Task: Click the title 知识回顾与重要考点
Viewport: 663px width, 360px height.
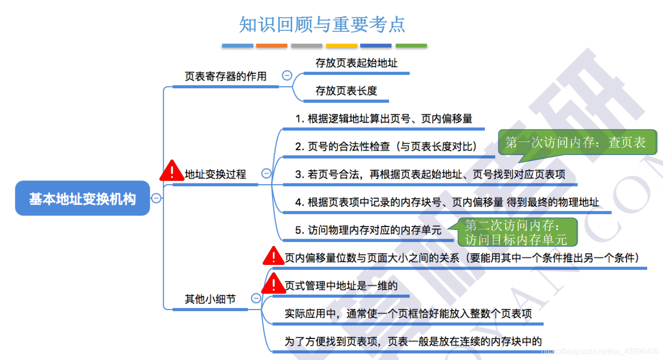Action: pyautogui.click(x=322, y=24)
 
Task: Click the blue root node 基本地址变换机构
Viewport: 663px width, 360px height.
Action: pyautogui.click(x=83, y=199)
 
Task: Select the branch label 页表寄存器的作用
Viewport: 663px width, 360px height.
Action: pyautogui.click(x=225, y=76)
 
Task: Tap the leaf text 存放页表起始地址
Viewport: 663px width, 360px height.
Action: pyautogui.click(x=356, y=63)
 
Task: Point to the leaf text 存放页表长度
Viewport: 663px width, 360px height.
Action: pyautogui.click(x=346, y=91)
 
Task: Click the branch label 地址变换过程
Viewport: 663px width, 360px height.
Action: pyautogui.click(x=215, y=174)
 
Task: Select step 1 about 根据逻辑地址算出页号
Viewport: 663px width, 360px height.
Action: pyautogui.click(x=384, y=119)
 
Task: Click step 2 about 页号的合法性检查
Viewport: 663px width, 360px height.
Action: pyautogui.click(x=387, y=146)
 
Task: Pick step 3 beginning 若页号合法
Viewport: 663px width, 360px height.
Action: pyautogui.click(x=430, y=174)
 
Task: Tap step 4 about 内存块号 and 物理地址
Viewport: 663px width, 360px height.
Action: pyautogui.click(x=447, y=202)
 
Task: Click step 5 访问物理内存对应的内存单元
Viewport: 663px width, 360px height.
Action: pyautogui.click(x=368, y=230)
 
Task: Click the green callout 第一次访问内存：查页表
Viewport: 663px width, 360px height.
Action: pyautogui.click(x=576, y=143)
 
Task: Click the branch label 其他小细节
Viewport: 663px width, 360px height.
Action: pyautogui.click(x=210, y=299)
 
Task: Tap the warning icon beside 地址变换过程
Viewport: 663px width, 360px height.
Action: pyautogui.click(x=172, y=171)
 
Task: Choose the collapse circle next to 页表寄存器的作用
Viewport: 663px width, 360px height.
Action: pyautogui.click(x=287, y=75)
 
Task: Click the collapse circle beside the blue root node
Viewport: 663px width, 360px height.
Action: pyautogui.click(x=156, y=198)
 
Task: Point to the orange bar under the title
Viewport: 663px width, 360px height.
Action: pyautogui.click(x=272, y=46)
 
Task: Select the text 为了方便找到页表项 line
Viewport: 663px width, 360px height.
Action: pyautogui.click(x=413, y=341)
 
